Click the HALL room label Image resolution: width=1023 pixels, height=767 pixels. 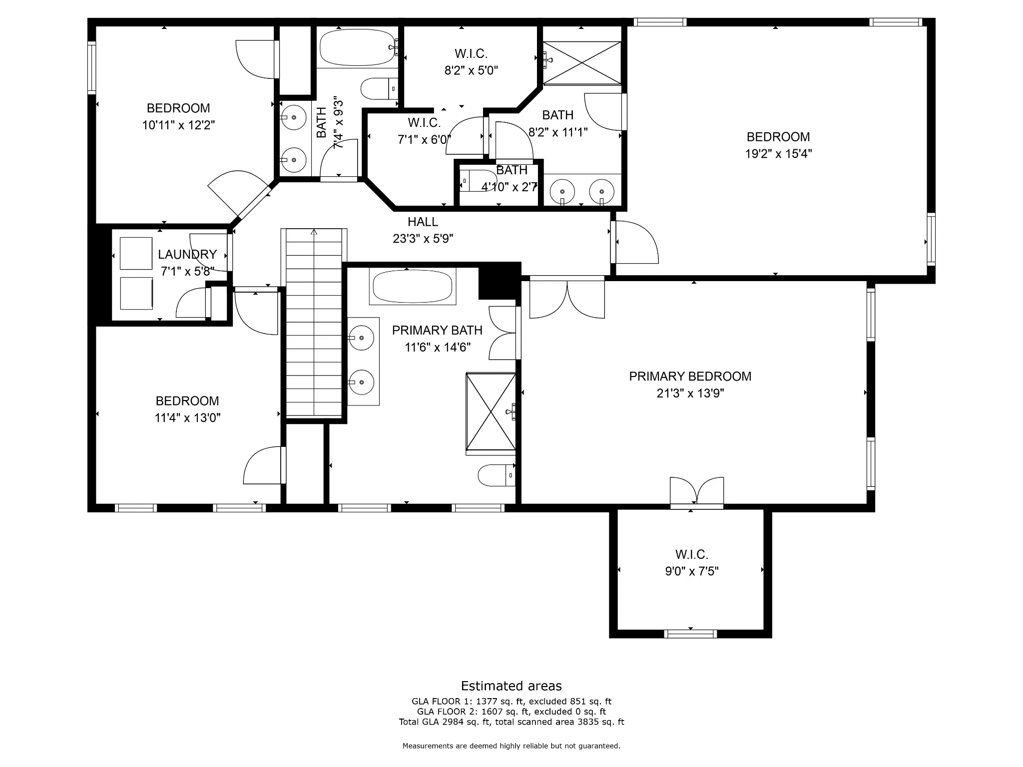423,222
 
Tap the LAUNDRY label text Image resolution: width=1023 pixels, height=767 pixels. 187,254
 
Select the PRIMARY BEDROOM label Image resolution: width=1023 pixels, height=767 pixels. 690,377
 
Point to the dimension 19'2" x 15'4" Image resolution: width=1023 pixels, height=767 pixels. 778,154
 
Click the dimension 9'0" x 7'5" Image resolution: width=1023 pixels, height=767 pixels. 692,571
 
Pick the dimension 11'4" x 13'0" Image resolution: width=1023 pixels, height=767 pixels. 187,418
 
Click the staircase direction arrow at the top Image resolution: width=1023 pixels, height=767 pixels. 314,232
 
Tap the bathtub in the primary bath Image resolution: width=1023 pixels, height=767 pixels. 413,287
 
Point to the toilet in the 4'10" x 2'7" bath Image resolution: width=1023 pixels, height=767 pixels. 478,180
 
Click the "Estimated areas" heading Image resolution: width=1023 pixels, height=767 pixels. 511,686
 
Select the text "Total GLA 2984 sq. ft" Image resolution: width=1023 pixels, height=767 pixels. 445,722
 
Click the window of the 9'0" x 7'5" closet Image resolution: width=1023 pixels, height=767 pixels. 690,634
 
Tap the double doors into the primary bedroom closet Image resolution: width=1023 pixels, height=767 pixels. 697,492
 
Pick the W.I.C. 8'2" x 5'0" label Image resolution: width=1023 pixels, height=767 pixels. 471,62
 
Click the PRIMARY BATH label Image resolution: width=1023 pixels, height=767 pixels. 437,331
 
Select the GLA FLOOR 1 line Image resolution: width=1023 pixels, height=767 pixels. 511,702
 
